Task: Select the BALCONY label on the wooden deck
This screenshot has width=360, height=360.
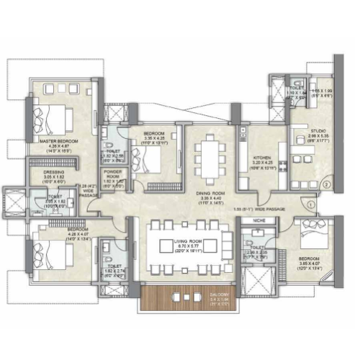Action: click(x=220, y=295)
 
